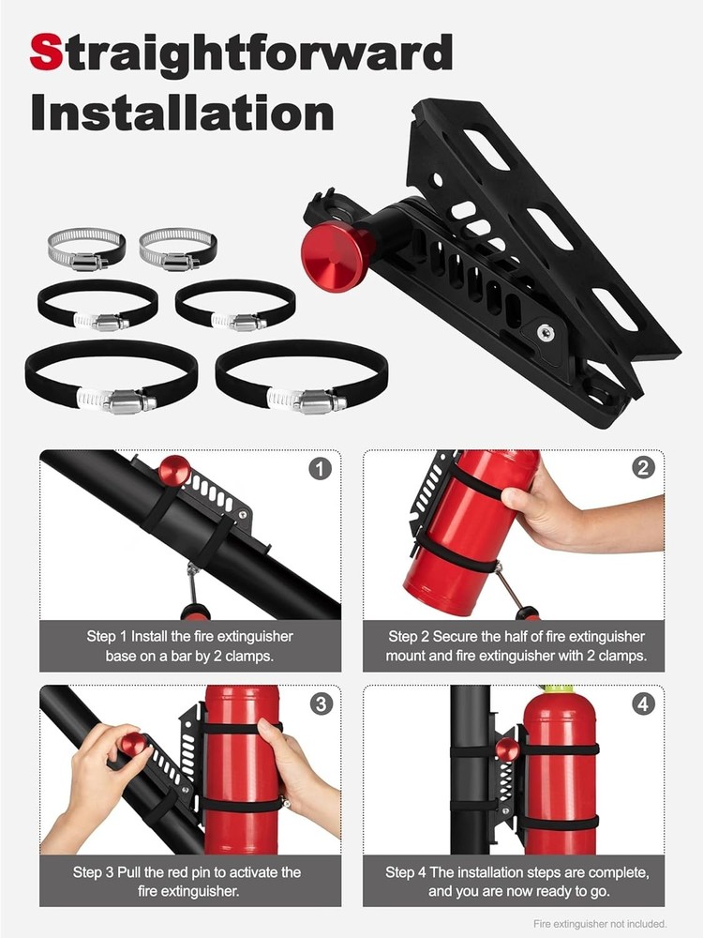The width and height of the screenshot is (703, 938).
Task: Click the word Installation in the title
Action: coord(182,113)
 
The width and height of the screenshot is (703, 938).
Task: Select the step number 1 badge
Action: coord(320,468)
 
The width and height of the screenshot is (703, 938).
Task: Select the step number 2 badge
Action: coord(643,468)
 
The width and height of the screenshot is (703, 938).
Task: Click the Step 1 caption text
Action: coord(189,646)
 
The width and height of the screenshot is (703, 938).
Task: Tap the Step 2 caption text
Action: coord(516,646)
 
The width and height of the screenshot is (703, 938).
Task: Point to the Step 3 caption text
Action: coord(189,882)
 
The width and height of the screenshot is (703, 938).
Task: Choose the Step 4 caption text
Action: coord(516,882)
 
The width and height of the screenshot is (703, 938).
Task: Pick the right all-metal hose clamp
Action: coord(177,250)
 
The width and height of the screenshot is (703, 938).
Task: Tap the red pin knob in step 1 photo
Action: coord(174,470)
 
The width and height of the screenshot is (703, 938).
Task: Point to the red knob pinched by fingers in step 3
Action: coord(133,746)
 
